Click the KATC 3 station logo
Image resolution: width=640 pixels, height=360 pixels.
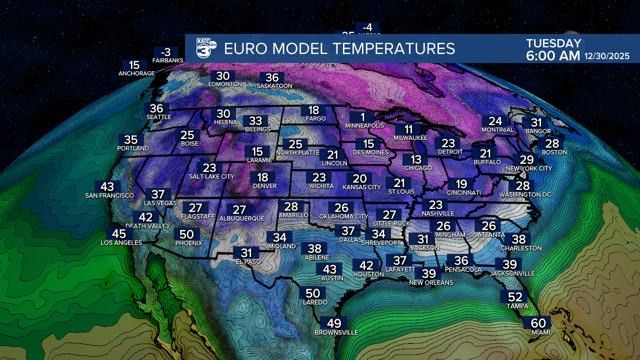pos(205,48)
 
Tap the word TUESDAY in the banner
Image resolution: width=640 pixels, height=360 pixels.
pos(553,43)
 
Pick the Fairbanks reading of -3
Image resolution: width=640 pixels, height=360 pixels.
pos(165,52)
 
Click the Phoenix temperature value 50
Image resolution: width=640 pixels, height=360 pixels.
pos(186,234)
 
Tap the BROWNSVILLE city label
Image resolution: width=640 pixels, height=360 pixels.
pos(336,332)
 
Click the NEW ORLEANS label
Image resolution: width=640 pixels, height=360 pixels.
pos(431,282)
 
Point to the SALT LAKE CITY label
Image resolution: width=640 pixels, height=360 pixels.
pos(212,176)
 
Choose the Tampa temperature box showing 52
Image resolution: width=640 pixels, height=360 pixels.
pos(514,296)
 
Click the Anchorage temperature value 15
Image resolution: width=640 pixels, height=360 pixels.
pos(134,65)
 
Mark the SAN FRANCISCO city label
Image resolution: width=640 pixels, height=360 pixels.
pos(109,195)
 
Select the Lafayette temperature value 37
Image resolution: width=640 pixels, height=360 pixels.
pos(399,260)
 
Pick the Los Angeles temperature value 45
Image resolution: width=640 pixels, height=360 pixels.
pos(119,233)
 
